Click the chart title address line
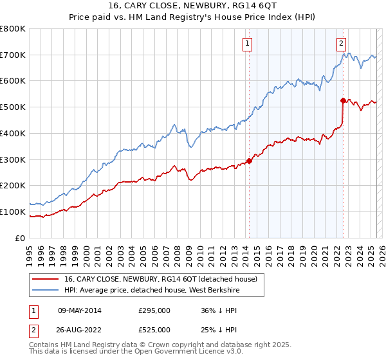(x=193, y=6)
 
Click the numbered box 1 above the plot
(x=248, y=44)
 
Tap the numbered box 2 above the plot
(x=341, y=44)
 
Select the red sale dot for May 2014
(x=249, y=161)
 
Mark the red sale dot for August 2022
(x=343, y=100)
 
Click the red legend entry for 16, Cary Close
(x=161, y=278)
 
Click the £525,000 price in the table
(x=154, y=330)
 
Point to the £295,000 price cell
(x=154, y=310)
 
